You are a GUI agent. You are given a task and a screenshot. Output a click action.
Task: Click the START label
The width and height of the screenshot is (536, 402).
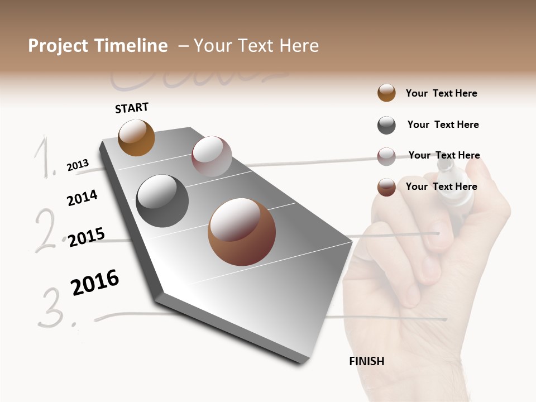tap(132, 108)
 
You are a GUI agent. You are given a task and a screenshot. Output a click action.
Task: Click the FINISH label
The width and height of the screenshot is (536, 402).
tap(367, 361)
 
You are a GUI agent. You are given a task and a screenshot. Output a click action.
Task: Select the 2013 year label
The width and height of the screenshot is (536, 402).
tap(78, 165)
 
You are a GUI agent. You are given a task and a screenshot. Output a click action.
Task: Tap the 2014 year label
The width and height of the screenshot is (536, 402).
tap(82, 198)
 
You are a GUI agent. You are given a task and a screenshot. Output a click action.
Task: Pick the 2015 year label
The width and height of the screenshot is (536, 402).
tap(87, 237)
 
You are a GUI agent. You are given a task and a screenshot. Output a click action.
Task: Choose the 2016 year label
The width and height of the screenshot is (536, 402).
tap(95, 283)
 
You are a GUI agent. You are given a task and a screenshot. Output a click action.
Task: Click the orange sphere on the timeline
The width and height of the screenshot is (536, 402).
tap(136, 137)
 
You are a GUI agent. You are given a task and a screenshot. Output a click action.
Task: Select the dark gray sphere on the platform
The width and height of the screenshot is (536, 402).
tap(162, 201)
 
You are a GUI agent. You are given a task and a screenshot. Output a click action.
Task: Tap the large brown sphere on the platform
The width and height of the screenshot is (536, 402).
tap(241, 232)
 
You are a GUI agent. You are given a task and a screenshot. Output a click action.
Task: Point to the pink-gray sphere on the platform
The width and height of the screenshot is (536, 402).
tap(212, 156)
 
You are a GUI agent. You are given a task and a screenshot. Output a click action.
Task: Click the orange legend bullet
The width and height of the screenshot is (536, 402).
tap(386, 93)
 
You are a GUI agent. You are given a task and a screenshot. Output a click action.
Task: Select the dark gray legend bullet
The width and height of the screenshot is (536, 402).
tap(386, 125)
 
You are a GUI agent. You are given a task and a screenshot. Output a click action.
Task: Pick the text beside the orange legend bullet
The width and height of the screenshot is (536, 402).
tap(441, 93)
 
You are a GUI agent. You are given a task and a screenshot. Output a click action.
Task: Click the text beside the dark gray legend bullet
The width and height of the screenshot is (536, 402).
tap(443, 125)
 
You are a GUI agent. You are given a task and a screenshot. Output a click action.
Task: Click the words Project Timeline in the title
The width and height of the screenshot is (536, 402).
tap(98, 46)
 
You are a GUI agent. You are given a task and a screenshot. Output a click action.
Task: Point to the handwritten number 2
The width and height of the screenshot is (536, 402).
tap(48, 229)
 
